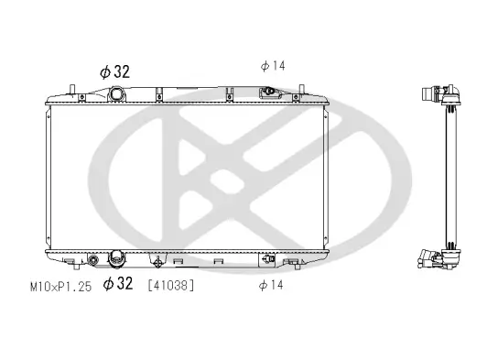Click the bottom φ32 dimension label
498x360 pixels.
(120, 285)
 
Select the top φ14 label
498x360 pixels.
(273, 65)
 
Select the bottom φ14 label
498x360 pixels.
(271, 286)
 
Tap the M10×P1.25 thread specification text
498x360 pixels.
(60, 286)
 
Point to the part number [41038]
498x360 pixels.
(170, 286)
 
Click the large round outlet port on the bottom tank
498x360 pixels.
(116, 259)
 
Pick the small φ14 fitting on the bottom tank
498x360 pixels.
(269, 259)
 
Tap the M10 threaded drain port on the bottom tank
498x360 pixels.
(93, 260)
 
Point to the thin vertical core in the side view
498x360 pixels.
(450, 174)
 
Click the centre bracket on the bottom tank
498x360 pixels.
(163, 259)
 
